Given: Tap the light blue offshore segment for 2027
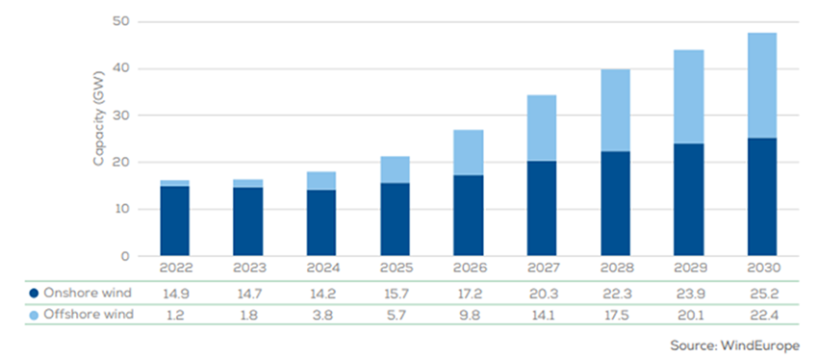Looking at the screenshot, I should (541, 127).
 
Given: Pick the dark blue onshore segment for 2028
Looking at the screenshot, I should (615, 203).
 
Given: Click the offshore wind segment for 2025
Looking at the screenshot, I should (395, 169).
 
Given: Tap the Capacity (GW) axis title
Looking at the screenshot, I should (98, 126).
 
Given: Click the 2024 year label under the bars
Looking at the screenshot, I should (320, 270).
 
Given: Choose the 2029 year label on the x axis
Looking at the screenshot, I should (687, 270).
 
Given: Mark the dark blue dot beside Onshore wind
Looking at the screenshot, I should (36, 293).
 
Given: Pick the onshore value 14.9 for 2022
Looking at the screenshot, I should (174, 293).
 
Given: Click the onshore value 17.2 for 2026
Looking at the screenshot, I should (468, 293).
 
